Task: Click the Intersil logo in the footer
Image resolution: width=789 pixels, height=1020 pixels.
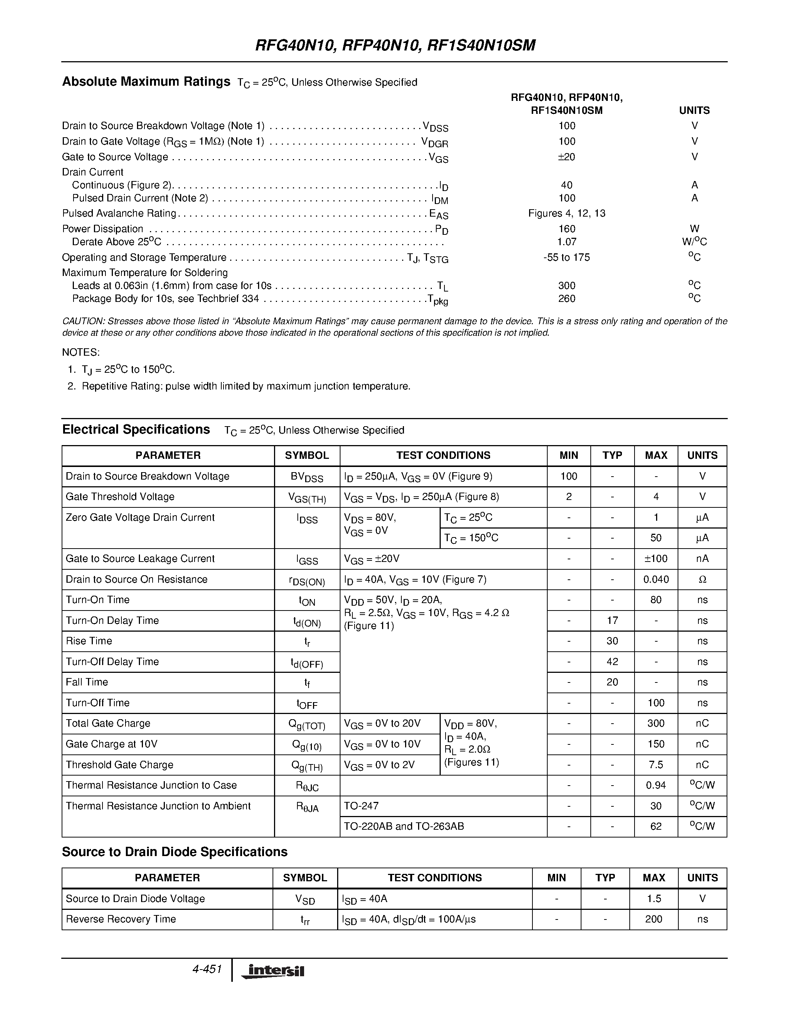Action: point(273,971)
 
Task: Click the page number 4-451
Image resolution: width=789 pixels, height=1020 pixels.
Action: point(206,969)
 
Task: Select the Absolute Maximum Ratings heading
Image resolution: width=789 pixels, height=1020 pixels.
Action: point(146,82)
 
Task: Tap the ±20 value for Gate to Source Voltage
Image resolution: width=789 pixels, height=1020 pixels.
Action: point(567,157)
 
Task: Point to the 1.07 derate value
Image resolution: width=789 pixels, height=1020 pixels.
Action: point(567,242)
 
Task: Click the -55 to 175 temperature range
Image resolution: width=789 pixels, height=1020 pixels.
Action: point(567,257)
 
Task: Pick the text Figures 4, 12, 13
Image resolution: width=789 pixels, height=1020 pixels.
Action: point(567,213)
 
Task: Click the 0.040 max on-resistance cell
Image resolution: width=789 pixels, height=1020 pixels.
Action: point(656,580)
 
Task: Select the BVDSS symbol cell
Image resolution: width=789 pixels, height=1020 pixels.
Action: point(307,477)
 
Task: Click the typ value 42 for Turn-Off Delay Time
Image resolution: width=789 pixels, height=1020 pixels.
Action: point(612,662)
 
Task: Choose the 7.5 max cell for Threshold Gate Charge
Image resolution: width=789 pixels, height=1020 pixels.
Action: point(656,764)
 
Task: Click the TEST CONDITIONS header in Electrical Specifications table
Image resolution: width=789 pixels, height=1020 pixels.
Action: point(443,455)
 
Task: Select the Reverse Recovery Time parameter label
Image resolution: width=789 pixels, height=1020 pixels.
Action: point(121,919)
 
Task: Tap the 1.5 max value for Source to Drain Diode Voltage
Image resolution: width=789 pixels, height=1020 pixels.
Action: point(653,899)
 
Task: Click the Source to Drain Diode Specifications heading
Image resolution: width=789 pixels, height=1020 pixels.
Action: point(175,852)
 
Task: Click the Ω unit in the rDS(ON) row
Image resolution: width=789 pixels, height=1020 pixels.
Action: point(702,580)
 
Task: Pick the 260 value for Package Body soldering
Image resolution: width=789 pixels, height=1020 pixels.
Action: point(567,299)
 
